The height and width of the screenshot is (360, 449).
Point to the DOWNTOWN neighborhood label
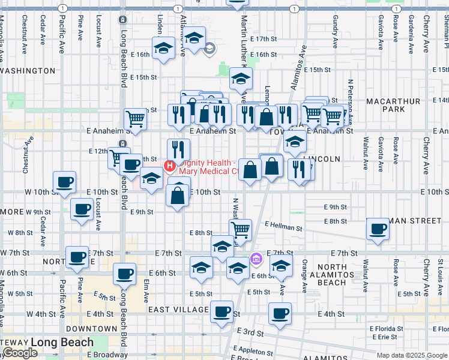(x=91, y=329)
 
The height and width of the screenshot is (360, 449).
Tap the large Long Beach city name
(x=62, y=343)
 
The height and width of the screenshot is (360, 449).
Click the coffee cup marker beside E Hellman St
(x=378, y=229)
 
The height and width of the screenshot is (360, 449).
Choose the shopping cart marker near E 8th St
(x=240, y=229)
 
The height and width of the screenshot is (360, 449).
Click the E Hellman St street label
(x=283, y=227)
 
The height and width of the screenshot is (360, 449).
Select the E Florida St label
(x=386, y=329)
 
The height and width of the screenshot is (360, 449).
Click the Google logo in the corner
(x=20, y=353)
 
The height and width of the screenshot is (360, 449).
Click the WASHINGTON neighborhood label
(x=28, y=71)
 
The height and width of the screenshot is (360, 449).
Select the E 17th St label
(x=265, y=38)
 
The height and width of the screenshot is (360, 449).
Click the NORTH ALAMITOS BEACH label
(x=340, y=274)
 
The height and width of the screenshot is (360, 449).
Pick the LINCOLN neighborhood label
(x=322, y=159)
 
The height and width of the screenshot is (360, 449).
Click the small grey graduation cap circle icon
(x=209, y=49)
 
